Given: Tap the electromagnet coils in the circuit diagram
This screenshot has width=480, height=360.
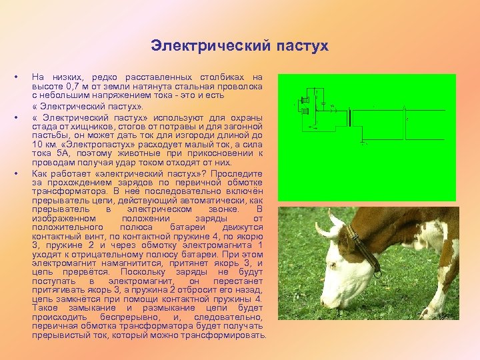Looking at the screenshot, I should coord(305,107).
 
